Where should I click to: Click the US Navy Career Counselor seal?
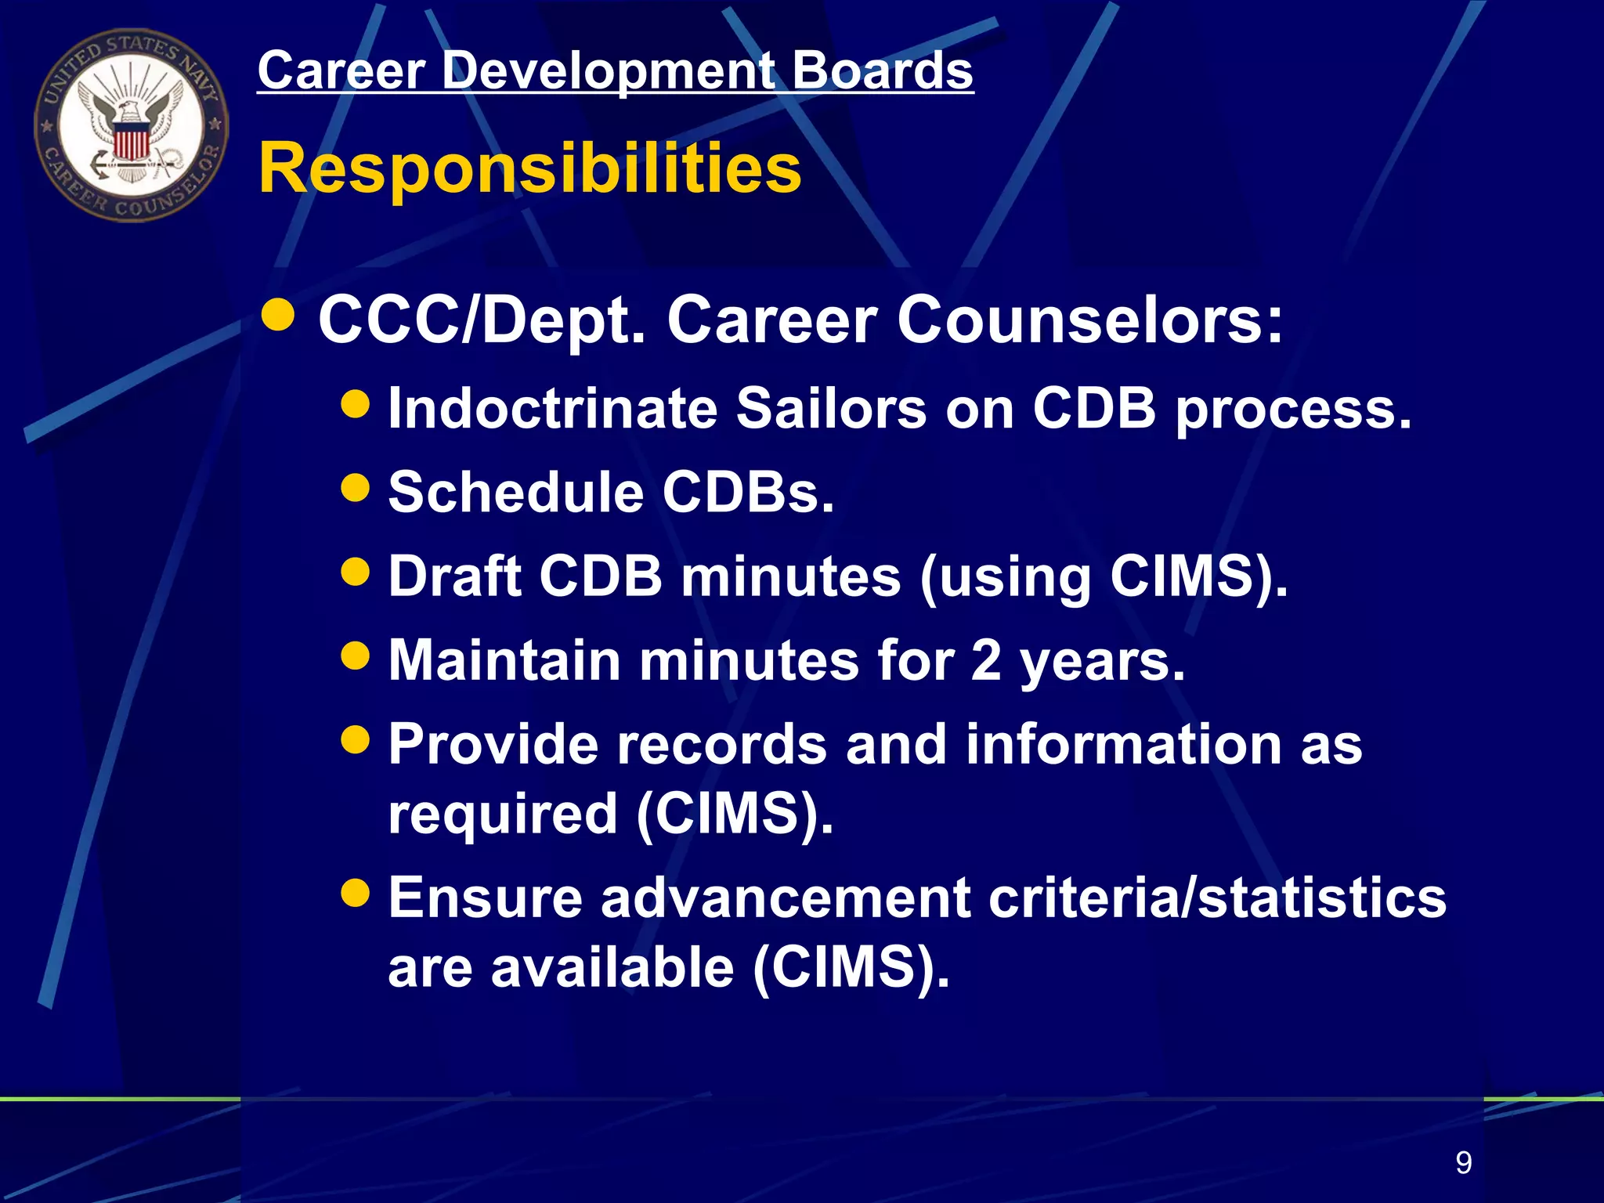click(x=131, y=125)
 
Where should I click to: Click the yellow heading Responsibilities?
click(x=530, y=168)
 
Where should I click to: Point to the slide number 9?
click(x=1463, y=1162)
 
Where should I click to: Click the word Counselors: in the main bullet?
click(x=1090, y=320)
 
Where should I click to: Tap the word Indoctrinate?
click(x=553, y=408)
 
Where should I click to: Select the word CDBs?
click(x=749, y=493)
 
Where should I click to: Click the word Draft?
click(x=455, y=576)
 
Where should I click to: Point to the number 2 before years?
click(x=986, y=660)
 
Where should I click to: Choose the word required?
click(x=503, y=815)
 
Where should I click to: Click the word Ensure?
click(x=486, y=898)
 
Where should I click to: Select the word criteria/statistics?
click(x=1217, y=898)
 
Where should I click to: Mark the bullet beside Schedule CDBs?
click(x=356, y=488)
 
